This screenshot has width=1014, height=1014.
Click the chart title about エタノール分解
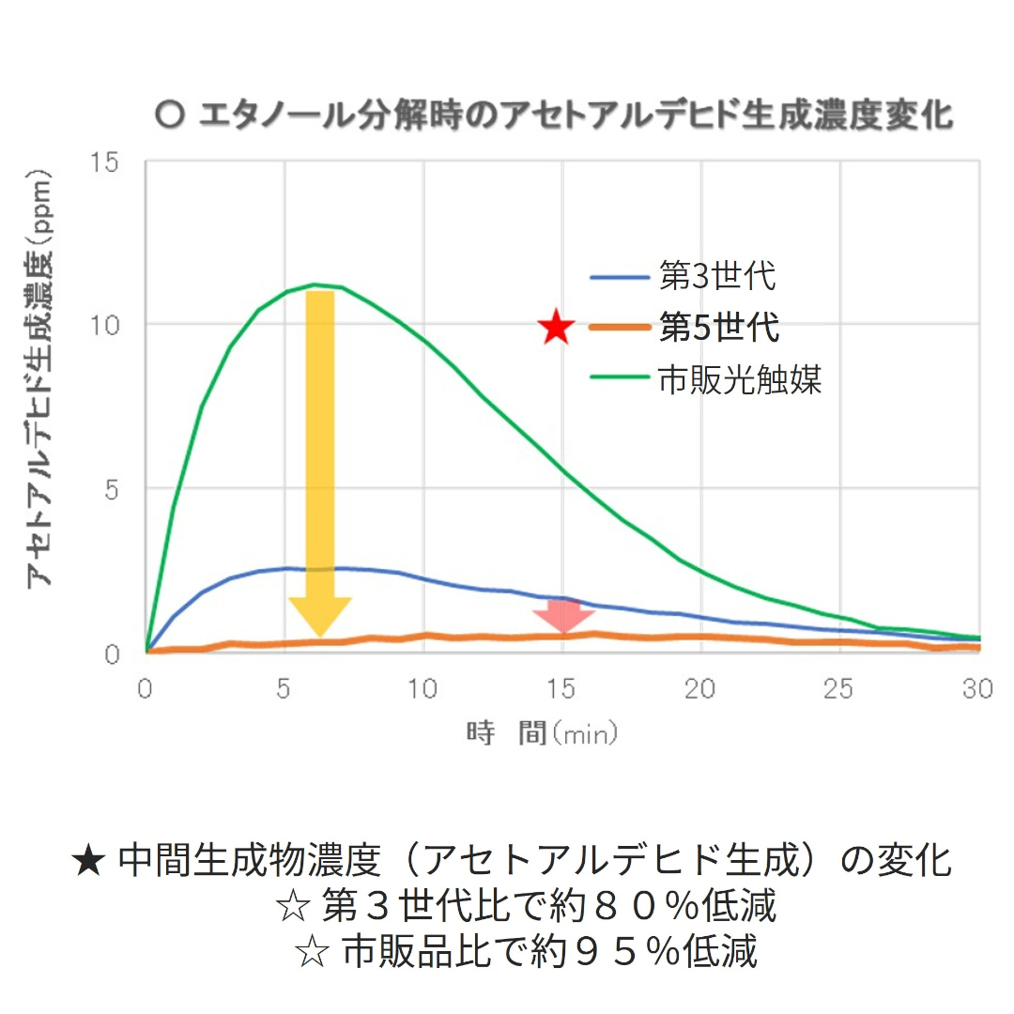coord(554,116)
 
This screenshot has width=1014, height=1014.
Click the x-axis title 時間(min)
coord(543,733)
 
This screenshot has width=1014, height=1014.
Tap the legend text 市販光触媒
coord(741,380)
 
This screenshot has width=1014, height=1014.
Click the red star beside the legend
coord(557,328)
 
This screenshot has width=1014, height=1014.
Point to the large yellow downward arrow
coord(320,460)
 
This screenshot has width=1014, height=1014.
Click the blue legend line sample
coord(620,279)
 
